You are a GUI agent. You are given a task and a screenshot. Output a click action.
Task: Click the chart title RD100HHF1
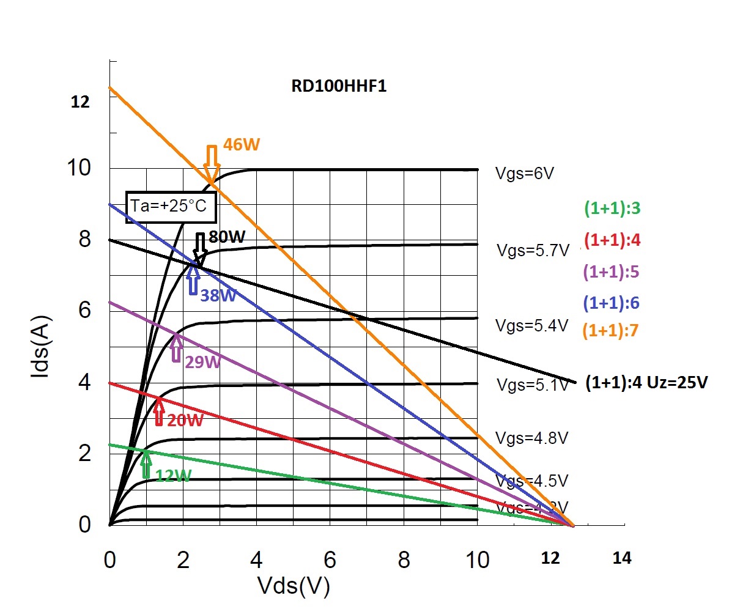(339, 86)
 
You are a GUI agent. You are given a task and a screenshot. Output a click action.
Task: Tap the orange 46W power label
(241, 145)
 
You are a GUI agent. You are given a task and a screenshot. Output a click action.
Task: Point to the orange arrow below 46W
(212, 160)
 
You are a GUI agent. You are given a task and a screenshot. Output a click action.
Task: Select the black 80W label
(227, 237)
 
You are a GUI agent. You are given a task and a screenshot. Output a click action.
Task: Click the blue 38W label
(218, 295)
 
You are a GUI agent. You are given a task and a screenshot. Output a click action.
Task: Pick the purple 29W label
(202, 362)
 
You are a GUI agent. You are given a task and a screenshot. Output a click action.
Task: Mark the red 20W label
(185, 421)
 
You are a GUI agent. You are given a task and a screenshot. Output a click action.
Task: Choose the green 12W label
(172, 475)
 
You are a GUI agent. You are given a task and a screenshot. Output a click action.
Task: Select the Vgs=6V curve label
(525, 174)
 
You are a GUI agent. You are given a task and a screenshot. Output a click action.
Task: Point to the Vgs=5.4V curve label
(531, 325)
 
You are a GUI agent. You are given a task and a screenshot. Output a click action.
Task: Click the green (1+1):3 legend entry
(612, 209)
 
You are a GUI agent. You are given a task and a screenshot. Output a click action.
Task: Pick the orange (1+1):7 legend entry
(610, 331)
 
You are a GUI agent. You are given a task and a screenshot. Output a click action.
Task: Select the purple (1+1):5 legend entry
(611, 272)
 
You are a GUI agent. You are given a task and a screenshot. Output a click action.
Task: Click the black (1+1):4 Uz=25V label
(646, 383)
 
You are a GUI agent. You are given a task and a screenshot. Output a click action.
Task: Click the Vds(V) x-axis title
(294, 586)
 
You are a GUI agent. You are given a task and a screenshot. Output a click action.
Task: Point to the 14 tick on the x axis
(621, 558)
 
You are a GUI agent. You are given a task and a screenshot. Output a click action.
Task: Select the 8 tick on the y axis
(84, 238)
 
